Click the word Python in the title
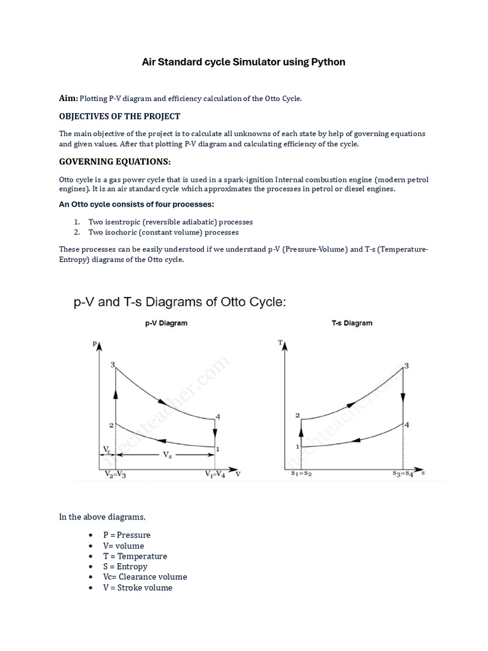click(327, 62)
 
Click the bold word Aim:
click(69, 99)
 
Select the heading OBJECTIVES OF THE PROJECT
click(119, 116)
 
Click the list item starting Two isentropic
click(170, 222)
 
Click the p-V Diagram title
click(166, 323)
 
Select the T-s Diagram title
click(352, 323)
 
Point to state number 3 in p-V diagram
click(112, 364)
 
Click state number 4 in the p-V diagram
click(218, 417)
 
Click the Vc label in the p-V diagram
click(107, 449)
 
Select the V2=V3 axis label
click(115, 474)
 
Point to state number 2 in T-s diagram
click(297, 415)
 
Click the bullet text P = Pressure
click(127, 535)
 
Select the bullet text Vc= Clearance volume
click(145, 577)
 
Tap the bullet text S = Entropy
click(125, 566)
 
